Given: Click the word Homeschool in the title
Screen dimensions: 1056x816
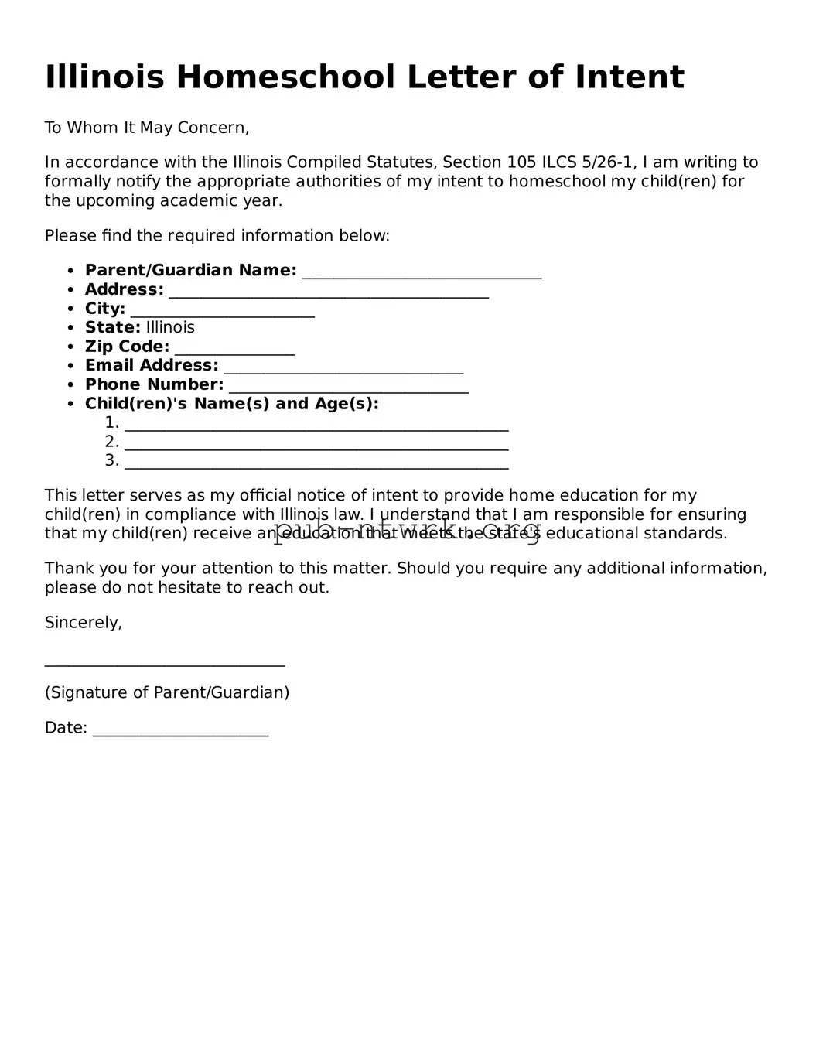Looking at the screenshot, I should pos(285,77).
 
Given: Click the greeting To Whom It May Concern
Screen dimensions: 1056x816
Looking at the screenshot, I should pos(147,128).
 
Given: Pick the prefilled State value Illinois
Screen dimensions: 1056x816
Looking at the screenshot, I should pos(170,328).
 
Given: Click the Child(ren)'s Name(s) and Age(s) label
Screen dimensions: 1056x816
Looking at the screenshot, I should pos(232,404).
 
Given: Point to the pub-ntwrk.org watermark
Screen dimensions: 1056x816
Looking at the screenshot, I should pos(407,531).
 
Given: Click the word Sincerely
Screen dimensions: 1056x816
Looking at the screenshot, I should pos(84,623).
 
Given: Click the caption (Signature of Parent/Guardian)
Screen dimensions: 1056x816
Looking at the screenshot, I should pos(167,692).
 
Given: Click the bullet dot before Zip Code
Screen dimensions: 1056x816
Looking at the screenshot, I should pos(70,347).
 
